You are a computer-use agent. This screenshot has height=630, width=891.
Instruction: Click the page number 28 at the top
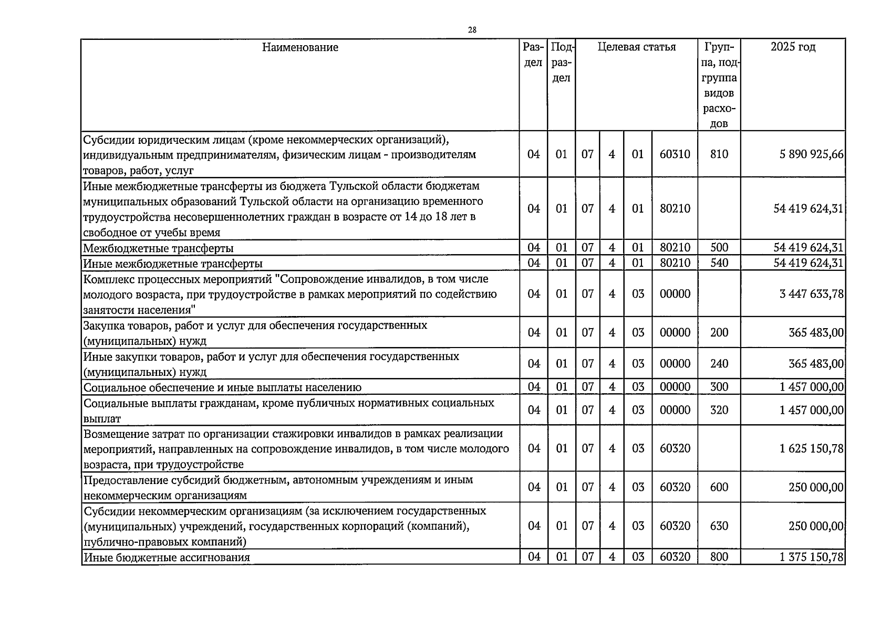(472, 30)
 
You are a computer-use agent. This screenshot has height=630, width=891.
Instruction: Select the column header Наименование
(300, 48)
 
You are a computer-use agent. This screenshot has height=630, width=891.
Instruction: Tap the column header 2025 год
(793, 47)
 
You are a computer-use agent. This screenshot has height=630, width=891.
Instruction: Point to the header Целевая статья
(636, 47)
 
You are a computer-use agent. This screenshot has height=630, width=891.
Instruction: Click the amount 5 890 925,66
(812, 154)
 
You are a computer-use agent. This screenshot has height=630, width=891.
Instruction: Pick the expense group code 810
(719, 154)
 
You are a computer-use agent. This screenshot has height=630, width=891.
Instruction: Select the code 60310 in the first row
(675, 154)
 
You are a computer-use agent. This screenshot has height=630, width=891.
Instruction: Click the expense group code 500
(719, 248)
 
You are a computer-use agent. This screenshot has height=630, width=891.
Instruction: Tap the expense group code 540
(719, 263)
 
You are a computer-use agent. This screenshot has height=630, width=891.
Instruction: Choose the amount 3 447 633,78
(812, 294)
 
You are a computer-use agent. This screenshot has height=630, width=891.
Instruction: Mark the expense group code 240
(719, 364)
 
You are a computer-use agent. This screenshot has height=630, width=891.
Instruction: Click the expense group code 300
(719, 387)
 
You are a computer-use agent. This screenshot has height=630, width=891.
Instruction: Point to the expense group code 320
(719, 410)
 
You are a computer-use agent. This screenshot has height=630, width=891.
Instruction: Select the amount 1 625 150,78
(812, 449)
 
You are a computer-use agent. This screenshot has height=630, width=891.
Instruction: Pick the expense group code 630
(719, 526)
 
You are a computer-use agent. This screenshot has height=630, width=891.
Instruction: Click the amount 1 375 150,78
(812, 558)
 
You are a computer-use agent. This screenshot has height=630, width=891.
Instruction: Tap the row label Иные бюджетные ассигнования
(167, 558)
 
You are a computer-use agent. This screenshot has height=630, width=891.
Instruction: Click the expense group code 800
(719, 558)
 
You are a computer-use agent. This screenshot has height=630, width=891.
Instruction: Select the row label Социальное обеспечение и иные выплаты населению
(222, 388)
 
